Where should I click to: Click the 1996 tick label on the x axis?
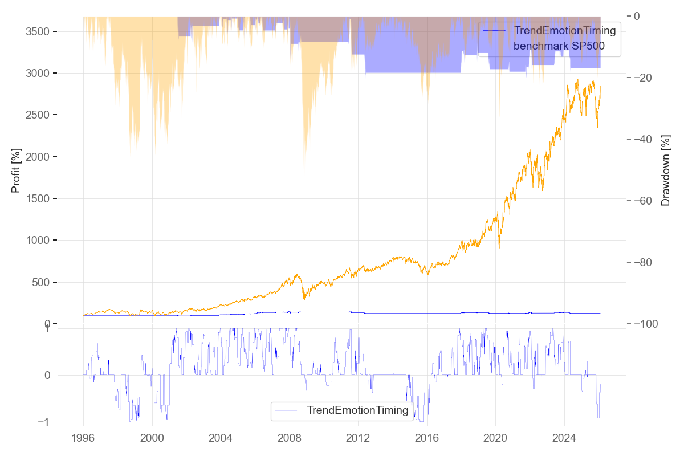click(83, 438)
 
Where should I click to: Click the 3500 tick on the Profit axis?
click(38, 31)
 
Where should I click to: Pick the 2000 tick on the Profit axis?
click(38, 157)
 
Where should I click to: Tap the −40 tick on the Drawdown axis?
click(648, 139)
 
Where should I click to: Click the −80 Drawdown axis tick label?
click(648, 262)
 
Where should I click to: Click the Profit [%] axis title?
click(16, 169)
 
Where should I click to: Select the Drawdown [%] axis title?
click(665, 169)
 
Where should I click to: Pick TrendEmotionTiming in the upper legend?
click(565, 31)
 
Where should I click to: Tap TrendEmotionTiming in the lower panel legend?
click(357, 410)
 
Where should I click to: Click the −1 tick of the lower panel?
click(44, 422)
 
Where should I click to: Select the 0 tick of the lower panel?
click(47, 375)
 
